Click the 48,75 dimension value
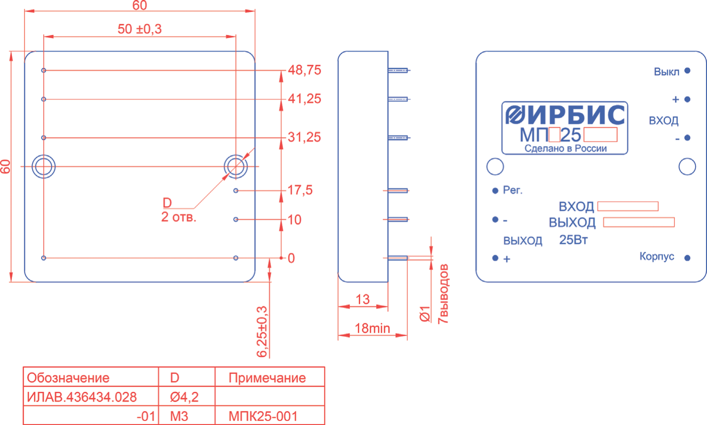pos(304,70)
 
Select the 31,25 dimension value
pos(304,137)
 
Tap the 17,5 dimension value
pos(300,190)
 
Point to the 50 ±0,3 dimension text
pos(140,29)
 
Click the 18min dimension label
pos(372,329)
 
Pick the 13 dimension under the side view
pos(363,300)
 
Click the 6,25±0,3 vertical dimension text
pos(262,332)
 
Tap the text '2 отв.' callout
pos(179,218)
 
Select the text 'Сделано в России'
pos(566,149)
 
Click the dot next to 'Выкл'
pos(687,71)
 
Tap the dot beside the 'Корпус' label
pos(687,258)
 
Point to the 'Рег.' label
pos(513,190)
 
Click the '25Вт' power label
pos(573,240)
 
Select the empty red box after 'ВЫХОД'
pos(639,222)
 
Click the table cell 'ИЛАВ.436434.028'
pos(82,397)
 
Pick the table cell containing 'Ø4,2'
pos(185,397)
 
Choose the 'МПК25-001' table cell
pos(263,416)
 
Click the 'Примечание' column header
pos(267,378)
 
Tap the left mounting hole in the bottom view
pos(43,166)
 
